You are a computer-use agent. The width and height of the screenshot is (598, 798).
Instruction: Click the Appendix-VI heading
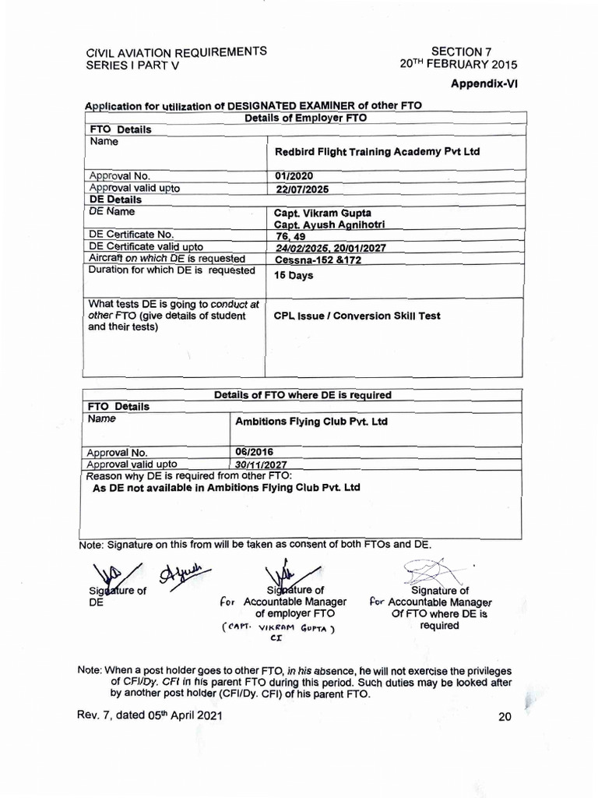484,84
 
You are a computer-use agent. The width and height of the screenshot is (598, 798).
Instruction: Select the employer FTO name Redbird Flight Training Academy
377,152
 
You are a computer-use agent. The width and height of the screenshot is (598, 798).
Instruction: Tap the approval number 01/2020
294,176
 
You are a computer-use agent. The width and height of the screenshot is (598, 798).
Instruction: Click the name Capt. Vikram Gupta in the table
322,212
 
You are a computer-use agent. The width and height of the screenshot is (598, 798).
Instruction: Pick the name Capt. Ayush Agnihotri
329,224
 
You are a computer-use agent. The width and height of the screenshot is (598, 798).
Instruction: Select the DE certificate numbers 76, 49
290,236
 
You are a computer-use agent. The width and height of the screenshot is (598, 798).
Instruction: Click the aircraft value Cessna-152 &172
318,260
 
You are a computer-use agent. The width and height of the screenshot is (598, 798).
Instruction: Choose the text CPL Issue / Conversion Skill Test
357,316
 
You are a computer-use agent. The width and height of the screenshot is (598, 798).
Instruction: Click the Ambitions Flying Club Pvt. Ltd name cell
311,422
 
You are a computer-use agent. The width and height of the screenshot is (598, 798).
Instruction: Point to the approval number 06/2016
254,451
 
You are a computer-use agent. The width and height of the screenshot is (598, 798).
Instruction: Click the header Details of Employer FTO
306,118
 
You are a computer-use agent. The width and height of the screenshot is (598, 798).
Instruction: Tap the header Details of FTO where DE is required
303,395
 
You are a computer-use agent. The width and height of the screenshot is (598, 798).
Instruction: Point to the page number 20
505,717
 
